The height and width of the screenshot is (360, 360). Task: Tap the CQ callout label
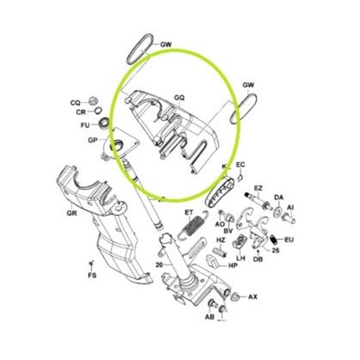point(75,102)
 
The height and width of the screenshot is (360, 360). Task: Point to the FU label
point(84,125)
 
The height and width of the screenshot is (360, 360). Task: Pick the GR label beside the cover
point(71,213)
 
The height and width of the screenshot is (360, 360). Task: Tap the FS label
point(91,276)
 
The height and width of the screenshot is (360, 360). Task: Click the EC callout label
point(240,165)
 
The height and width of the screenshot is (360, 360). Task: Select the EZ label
point(258,188)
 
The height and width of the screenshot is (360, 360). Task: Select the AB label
point(210,317)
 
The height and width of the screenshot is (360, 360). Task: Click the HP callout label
point(233,265)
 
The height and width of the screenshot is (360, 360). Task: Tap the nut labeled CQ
point(93,101)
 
